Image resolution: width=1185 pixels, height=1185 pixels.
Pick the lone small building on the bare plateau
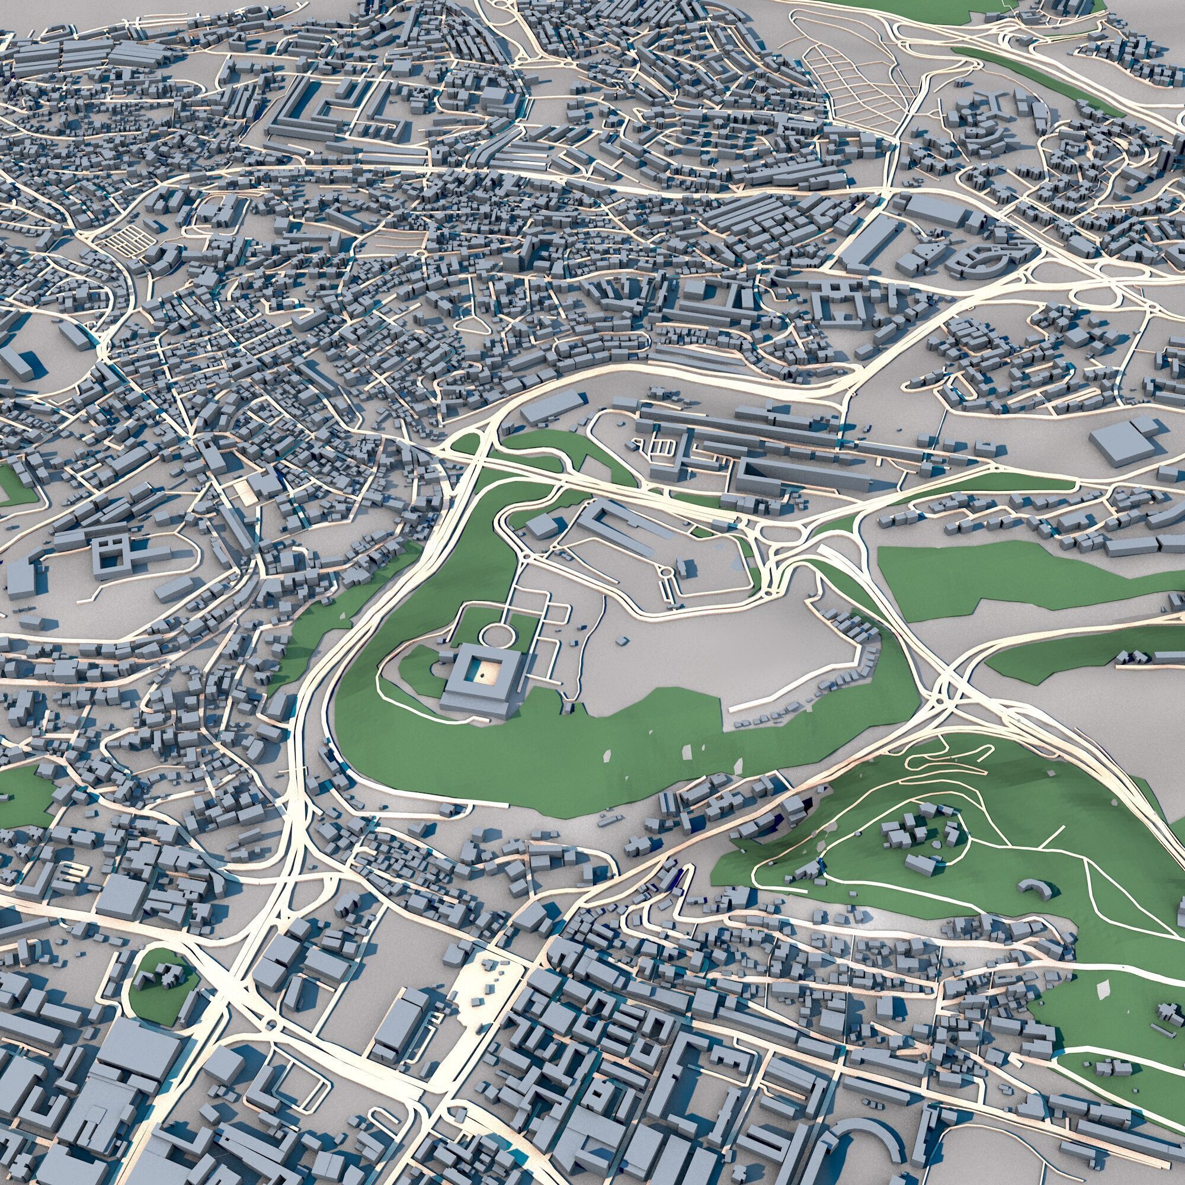click(622, 640)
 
